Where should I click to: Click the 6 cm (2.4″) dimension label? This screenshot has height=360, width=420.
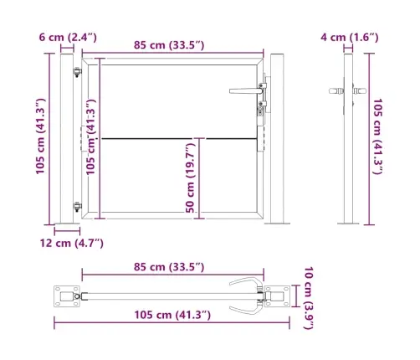click(x=68, y=38)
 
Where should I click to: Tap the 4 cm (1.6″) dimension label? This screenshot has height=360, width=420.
click(x=350, y=38)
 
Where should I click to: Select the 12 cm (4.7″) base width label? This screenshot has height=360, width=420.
click(x=72, y=244)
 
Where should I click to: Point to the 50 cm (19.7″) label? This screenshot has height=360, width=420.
click(x=191, y=178)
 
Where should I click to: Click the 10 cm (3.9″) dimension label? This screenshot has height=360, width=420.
click(x=309, y=298)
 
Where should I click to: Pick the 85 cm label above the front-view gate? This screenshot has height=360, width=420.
click(x=169, y=45)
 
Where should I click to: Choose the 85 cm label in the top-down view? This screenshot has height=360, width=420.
click(x=169, y=267)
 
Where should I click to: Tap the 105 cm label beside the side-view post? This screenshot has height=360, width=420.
click(x=377, y=136)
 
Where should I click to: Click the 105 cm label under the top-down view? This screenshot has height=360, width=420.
click(x=172, y=315)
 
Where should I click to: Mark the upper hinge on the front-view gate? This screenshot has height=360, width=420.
click(x=77, y=72)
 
